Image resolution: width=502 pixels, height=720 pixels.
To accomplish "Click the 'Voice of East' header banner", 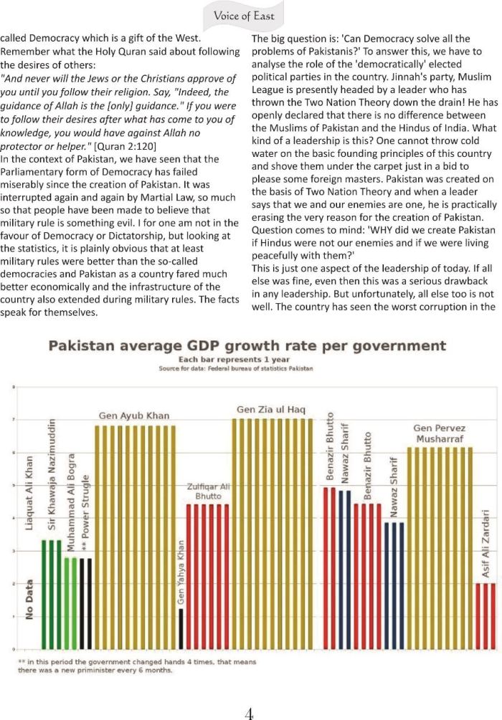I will point(248,14).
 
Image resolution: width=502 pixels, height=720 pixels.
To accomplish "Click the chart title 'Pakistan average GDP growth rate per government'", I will point(247,346).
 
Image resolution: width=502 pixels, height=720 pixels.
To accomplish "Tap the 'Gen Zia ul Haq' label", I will point(272,410).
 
